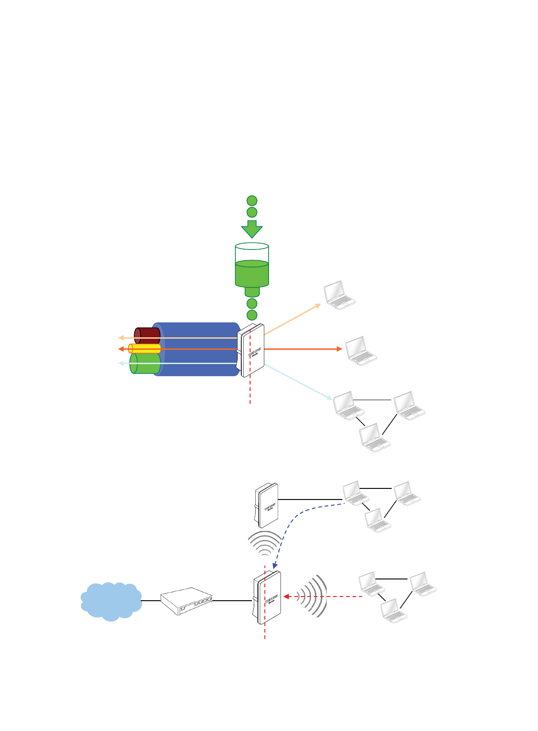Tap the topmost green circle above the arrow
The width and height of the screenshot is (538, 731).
click(252, 201)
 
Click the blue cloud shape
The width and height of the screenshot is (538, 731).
click(111, 601)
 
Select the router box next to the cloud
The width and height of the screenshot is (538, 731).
click(186, 601)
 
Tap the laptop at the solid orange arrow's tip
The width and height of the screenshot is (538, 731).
click(361, 351)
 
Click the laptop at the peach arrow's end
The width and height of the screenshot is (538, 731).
click(340, 294)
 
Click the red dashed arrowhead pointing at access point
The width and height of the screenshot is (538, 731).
click(286, 597)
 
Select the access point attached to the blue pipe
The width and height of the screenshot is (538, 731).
click(251, 350)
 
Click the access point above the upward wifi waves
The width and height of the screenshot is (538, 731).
click(267, 505)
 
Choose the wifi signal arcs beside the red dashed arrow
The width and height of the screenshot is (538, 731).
click(312, 596)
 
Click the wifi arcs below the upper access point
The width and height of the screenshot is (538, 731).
click(264, 544)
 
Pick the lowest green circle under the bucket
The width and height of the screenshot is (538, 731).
click(252, 315)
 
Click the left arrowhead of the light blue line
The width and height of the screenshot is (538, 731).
click(121, 364)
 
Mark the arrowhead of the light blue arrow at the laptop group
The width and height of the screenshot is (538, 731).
click(329, 397)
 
